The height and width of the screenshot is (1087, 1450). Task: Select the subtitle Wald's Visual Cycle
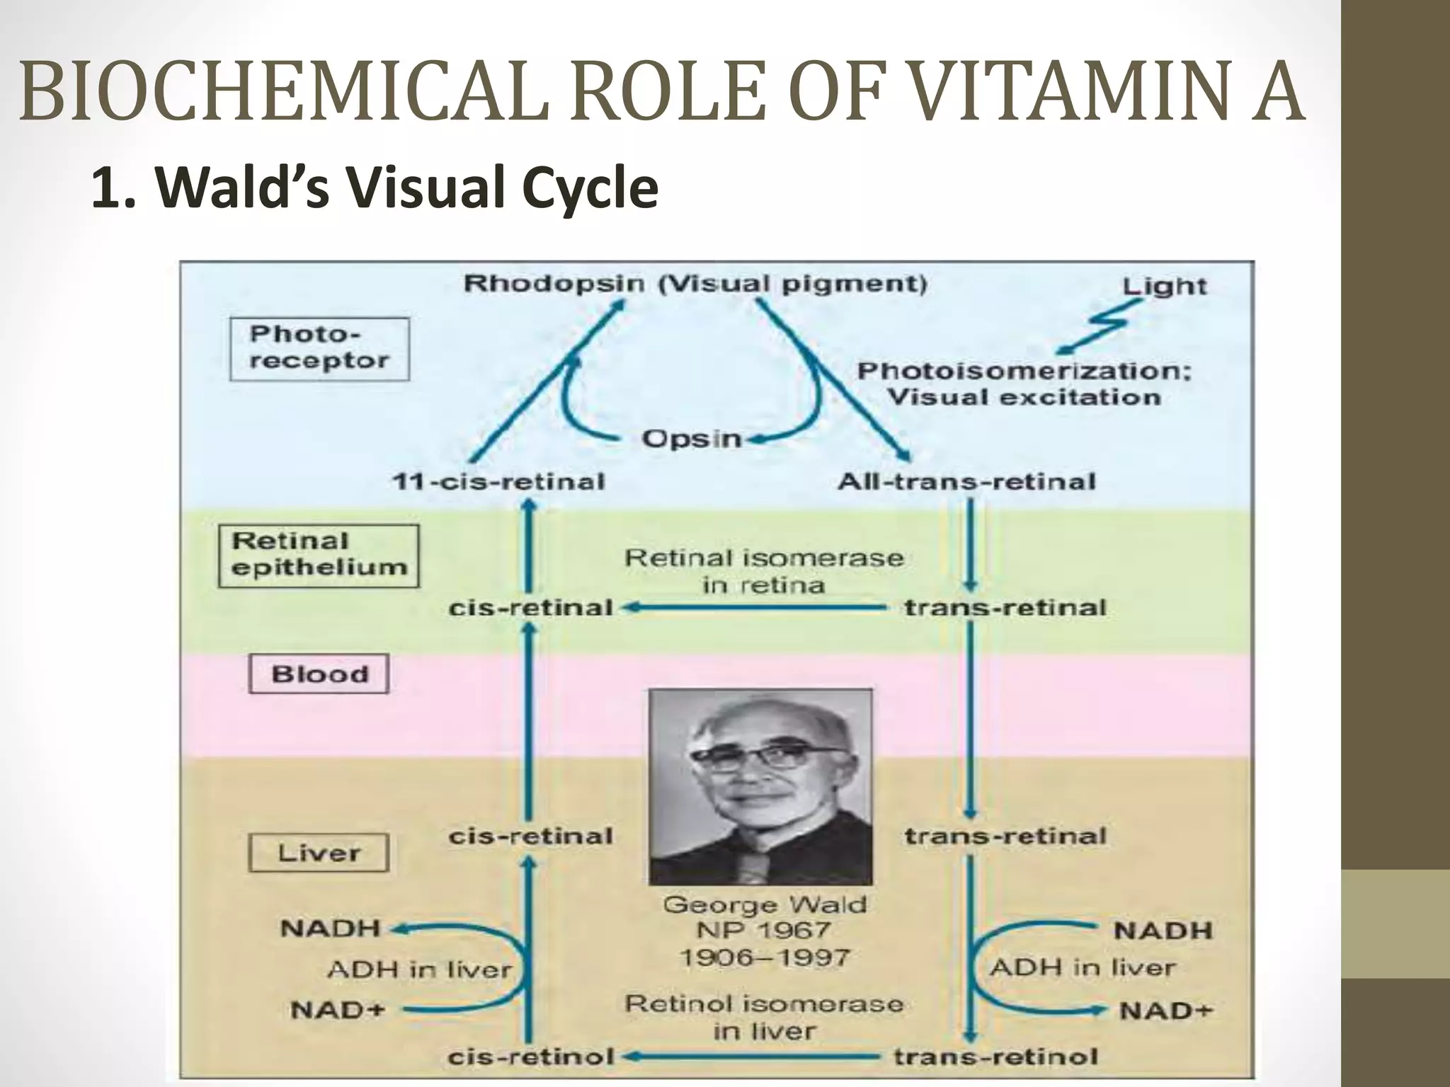(x=375, y=190)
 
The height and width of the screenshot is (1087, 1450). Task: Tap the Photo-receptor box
(x=319, y=348)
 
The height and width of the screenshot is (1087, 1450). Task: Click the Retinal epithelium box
(x=319, y=555)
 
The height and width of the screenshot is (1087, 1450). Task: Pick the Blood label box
(x=319, y=674)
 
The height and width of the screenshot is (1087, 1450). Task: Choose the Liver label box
(x=319, y=853)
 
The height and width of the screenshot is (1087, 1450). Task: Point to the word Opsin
(x=691, y=439)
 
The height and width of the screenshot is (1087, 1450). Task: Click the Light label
(x=1164, y=286)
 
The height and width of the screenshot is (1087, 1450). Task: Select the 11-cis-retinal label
(x=498, y=482)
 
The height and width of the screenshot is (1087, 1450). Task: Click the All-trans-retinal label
(x=967, y=482)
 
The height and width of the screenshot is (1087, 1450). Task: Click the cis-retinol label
(x=531, y=1057)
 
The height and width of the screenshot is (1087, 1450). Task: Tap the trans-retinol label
(x=995, y=1057)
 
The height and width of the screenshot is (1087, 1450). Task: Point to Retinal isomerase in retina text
(x=763, y=571)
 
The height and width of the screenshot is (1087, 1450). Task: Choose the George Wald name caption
(x=765, y=904)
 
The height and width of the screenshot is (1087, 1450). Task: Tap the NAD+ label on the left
(x=337, y=1010)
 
